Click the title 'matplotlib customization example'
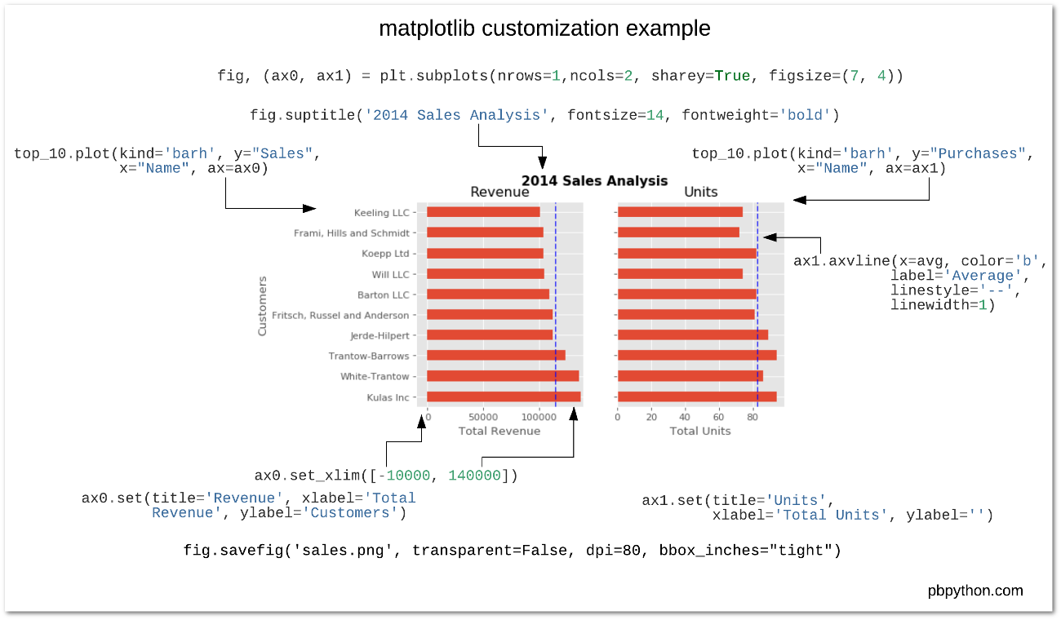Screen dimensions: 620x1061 (544, 29)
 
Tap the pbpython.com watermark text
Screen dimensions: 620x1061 (975, 591)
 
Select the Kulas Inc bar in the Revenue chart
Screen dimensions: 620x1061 (504, 397)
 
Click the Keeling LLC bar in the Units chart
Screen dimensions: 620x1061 (680, 212)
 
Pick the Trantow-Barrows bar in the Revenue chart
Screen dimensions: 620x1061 (495, 356)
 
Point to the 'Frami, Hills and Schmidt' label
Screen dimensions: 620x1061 (351, 233)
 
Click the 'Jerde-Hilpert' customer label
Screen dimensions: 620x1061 (380, 335)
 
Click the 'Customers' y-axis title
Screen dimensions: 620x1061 (262, 306)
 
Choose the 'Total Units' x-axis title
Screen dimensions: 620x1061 (700, 431)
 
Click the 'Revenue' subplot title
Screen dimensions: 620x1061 (499, 193)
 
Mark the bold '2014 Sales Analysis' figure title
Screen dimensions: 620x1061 (594, 180)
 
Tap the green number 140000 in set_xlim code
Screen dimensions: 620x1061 (474, 476)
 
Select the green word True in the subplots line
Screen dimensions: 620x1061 (732, 76)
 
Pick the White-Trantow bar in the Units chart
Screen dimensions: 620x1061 (690, 376)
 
